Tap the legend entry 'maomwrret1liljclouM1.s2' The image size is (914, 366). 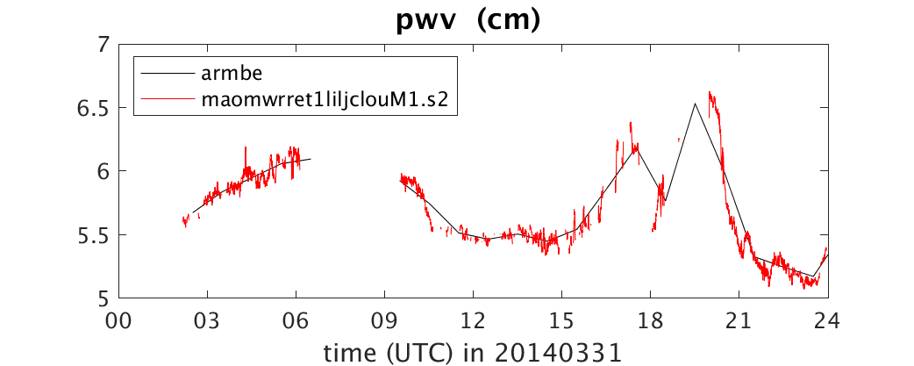coord(325,99)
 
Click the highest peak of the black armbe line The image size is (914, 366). coord(695,104)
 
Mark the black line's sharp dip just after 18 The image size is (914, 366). coord(665,201)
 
